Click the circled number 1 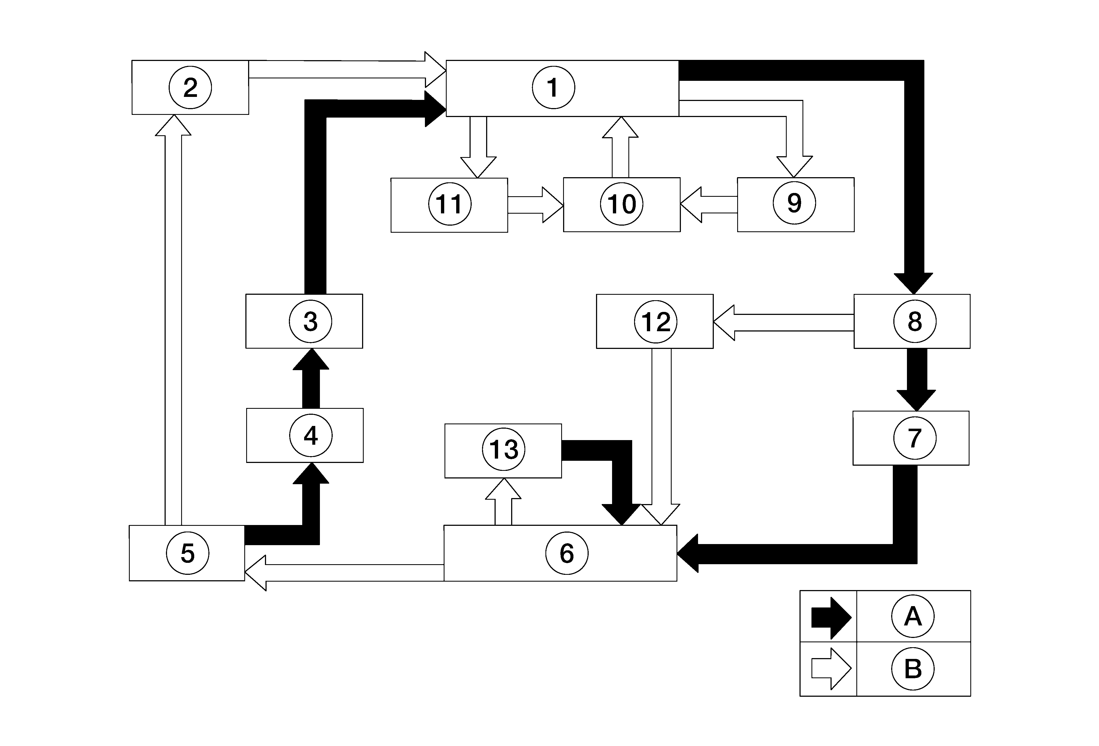(553, 88)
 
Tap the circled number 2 (190, 88)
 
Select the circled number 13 (504, 449)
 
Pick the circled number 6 (567, 553)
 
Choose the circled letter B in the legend (913, 669)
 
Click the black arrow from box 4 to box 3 (311, 378)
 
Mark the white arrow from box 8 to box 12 (783, 323)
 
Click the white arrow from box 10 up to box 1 (620, 147)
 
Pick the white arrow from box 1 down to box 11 (478, 147)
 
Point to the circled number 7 (915, 438)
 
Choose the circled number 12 (655, 322)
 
